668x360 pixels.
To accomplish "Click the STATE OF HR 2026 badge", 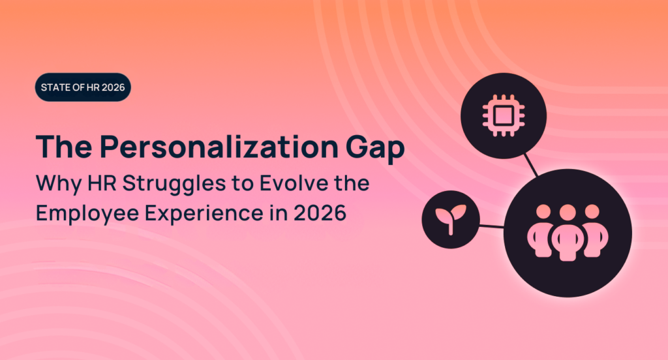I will (83, 87).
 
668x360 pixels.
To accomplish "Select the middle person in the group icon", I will (568, 231).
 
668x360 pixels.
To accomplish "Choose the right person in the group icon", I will (591, 228).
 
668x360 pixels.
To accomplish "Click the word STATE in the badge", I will (55, 87).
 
